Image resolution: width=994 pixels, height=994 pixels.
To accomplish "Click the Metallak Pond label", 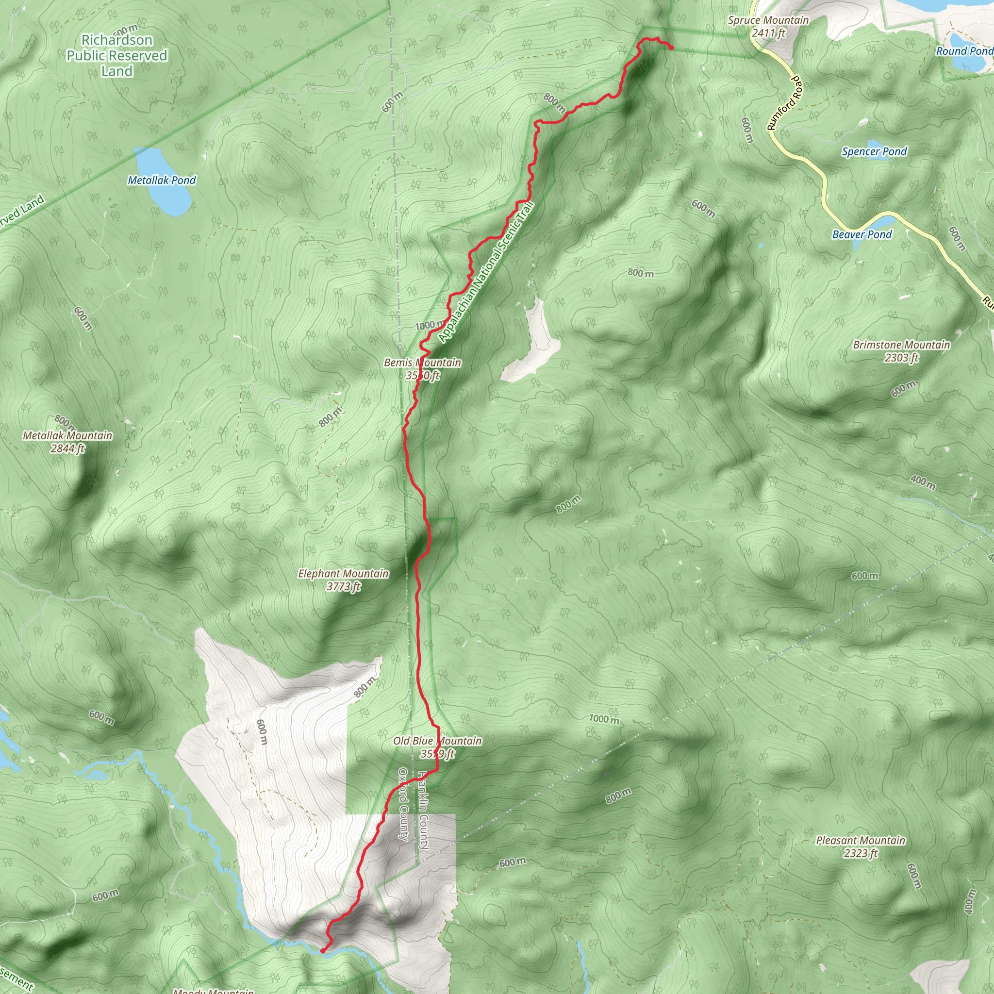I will click(x=162, y=180).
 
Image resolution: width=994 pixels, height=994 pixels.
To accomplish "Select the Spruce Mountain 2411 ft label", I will click(x=768, y=27).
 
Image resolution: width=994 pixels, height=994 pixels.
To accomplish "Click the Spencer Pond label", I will click(x=874, y=151).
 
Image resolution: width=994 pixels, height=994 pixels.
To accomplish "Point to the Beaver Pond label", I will click(x=862, y=234).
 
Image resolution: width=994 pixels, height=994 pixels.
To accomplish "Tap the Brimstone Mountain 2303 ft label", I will click(x=901, y=351).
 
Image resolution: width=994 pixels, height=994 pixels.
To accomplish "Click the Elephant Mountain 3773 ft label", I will click(x=344, y=580).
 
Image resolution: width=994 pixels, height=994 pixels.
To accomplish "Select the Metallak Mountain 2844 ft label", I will click(x=67, y=442).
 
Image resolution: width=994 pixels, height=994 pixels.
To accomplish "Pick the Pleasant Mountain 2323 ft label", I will click(x=860, y=847).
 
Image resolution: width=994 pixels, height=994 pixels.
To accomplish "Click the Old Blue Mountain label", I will click(x=437, y=747).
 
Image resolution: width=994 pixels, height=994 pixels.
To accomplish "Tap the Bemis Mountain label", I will click(x=422, y=369).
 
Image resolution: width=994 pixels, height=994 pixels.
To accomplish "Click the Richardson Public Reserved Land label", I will click(x=117, y=55).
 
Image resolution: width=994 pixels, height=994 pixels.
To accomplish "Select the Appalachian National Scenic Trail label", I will click(x=487, y=272).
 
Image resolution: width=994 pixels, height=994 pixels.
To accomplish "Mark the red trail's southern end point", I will click(x=323, y=950).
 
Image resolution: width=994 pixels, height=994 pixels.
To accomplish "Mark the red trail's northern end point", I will click(x=671, y=48).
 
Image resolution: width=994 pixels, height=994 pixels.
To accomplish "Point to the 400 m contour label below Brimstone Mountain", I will click(x=923, y=482).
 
